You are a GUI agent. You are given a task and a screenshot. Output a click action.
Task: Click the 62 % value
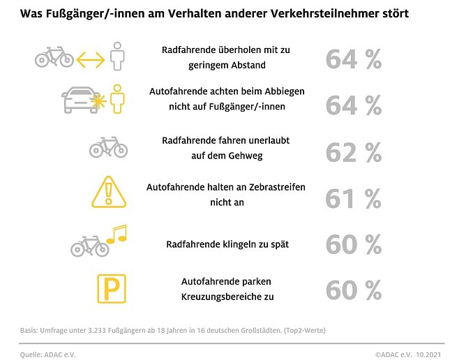pyautogui.click(x=353, y=151)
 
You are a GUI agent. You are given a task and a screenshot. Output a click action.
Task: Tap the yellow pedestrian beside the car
pyautogui.click(x=119, y=98)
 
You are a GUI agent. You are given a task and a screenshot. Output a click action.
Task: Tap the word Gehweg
pyautogui.click(x=247, y=156)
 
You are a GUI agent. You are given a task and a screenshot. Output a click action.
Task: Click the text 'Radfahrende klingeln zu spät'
pyautogui.click(x=227, y=244)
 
